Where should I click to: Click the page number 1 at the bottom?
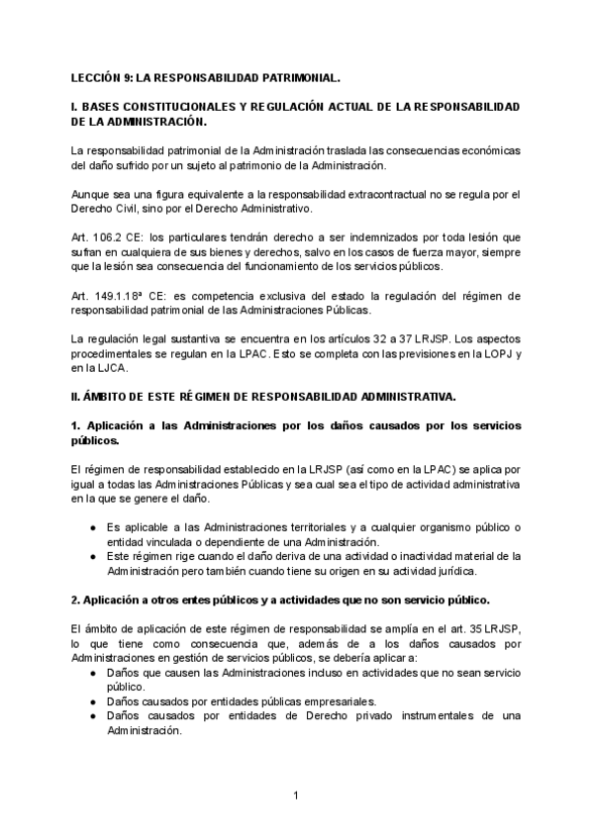pos(296,794)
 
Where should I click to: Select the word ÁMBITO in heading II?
pos(108,397)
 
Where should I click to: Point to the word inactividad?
pos(401,557)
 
